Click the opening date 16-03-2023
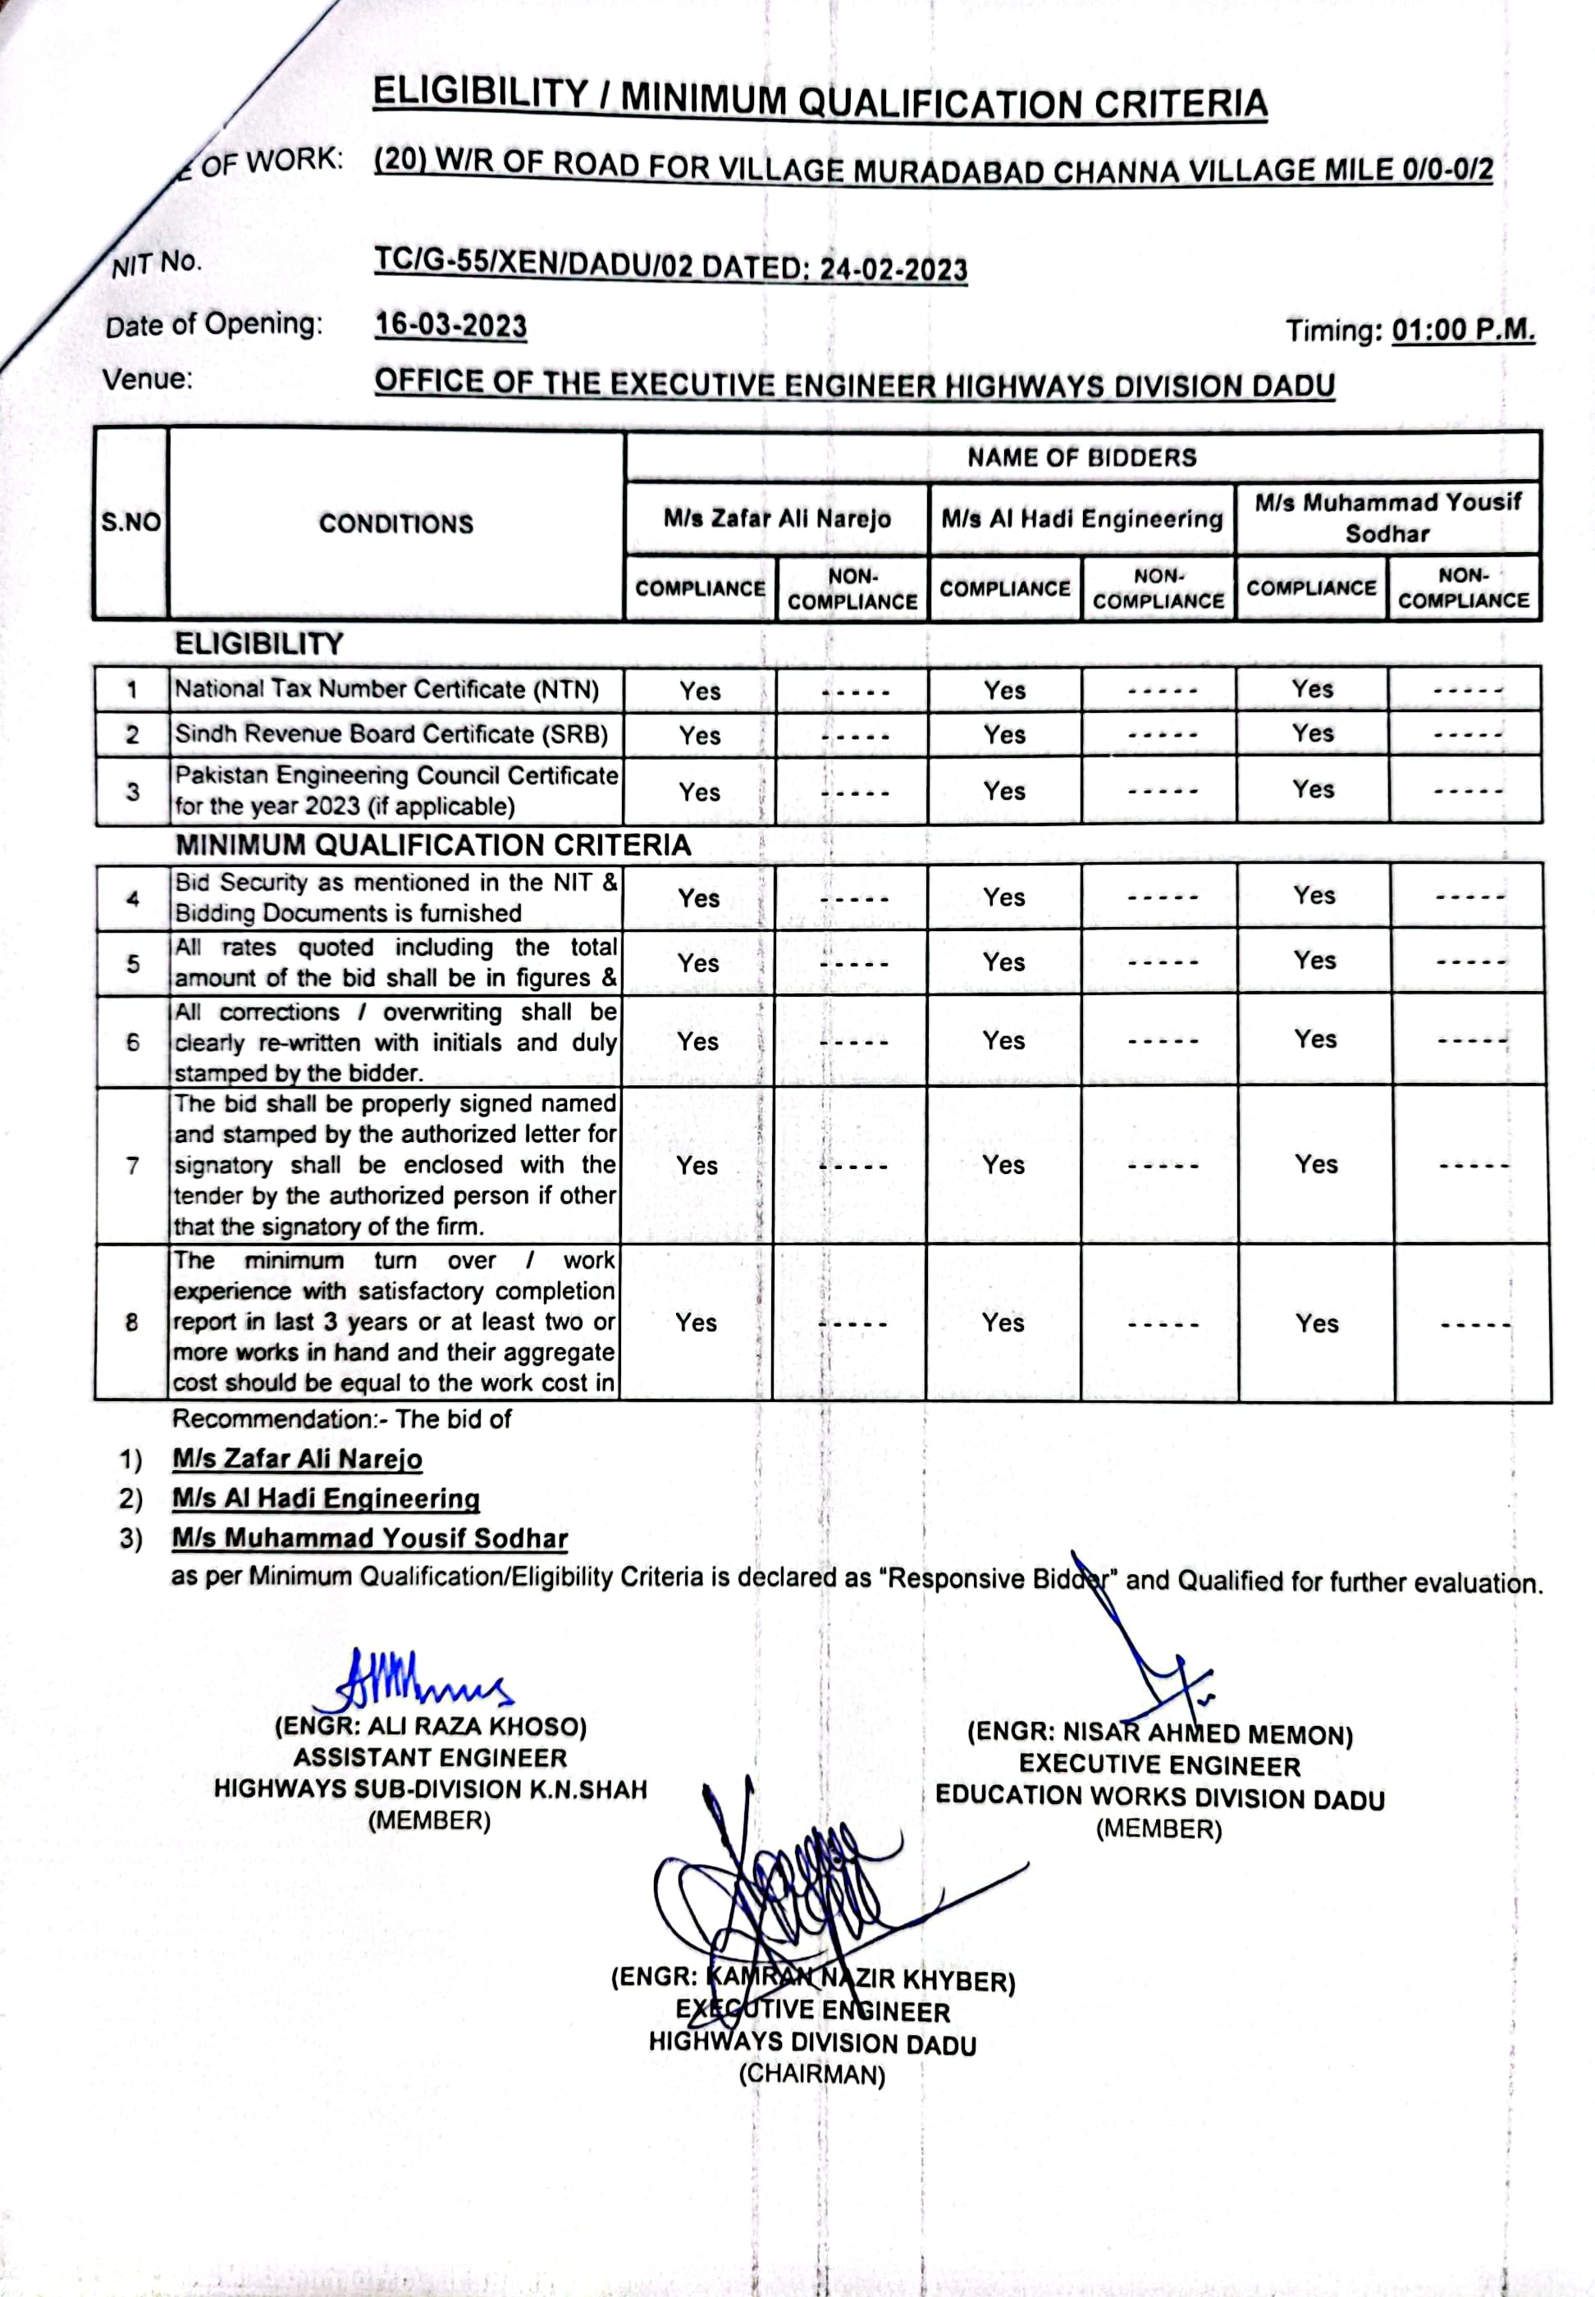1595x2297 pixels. pyautogui.click(x=450, y=326)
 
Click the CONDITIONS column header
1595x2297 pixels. pyautogui.click(x=395, y=523)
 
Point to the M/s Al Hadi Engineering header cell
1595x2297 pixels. pyautogui.click(x=1081, y=518)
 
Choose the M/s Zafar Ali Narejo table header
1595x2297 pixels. pyautogui.click(x=776, y=518)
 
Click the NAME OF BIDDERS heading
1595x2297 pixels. pyautogui.click(x=1081, y=458)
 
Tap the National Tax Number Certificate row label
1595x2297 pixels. pyautogui.click(x=386, y=689)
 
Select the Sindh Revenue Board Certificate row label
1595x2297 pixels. pyautogui.click(x=391, y=734)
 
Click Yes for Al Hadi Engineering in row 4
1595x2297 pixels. pyautogui.click(x=1003, y=897)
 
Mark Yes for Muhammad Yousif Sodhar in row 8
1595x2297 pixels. pyautogui.click(x=1316, y=1323)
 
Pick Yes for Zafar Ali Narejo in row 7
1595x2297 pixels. pyautogui.click(x=697, y=1165)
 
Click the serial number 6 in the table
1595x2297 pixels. pyautogui.click(x=132, y=1042)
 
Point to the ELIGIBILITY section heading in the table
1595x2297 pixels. pyautogui.click(x=258, y=643)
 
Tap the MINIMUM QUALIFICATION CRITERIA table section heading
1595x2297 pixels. pyautogui.click(x=432, y=845)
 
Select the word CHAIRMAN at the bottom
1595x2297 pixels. pyautogui.click(x=811, y=2076)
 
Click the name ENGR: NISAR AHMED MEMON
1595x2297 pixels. pyautogui.click(x=1159, y=1733)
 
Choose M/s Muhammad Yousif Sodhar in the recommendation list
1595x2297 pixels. pyautogui.click(x=370, y=1539)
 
